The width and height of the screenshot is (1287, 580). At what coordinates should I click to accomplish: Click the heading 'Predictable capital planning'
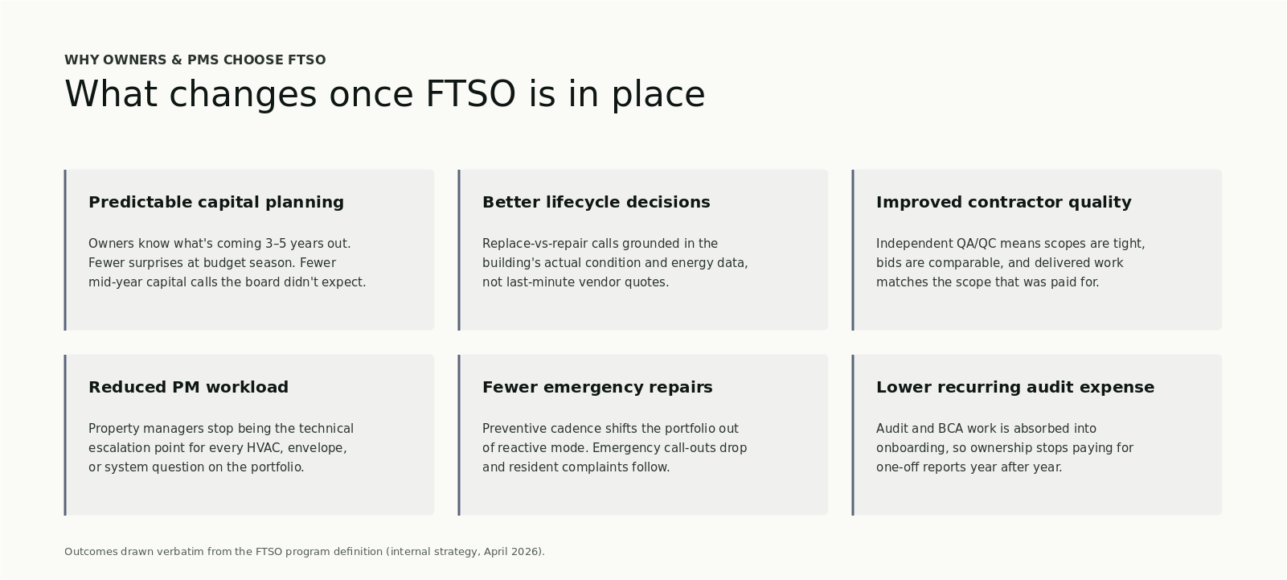[215, 203]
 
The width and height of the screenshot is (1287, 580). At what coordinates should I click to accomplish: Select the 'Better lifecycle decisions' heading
[596, 203]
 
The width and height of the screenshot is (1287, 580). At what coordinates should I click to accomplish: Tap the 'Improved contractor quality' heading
[1003, 203]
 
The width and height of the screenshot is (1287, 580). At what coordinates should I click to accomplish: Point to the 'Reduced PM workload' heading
[188, 388]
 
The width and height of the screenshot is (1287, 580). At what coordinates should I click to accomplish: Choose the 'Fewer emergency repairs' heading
[597, 388]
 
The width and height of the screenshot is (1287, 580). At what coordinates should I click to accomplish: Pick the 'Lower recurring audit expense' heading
[1014, 388]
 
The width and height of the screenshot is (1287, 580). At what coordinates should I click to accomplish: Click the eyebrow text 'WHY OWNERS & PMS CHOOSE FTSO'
[195, 60]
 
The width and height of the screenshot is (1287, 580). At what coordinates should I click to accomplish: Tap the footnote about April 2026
[304, 552]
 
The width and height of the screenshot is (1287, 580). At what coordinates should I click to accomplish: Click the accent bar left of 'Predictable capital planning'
[65, 249]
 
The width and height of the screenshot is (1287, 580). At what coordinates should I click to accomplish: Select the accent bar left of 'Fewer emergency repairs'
[459, 434]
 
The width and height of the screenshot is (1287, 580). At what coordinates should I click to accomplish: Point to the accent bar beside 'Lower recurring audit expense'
[853, 434]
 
